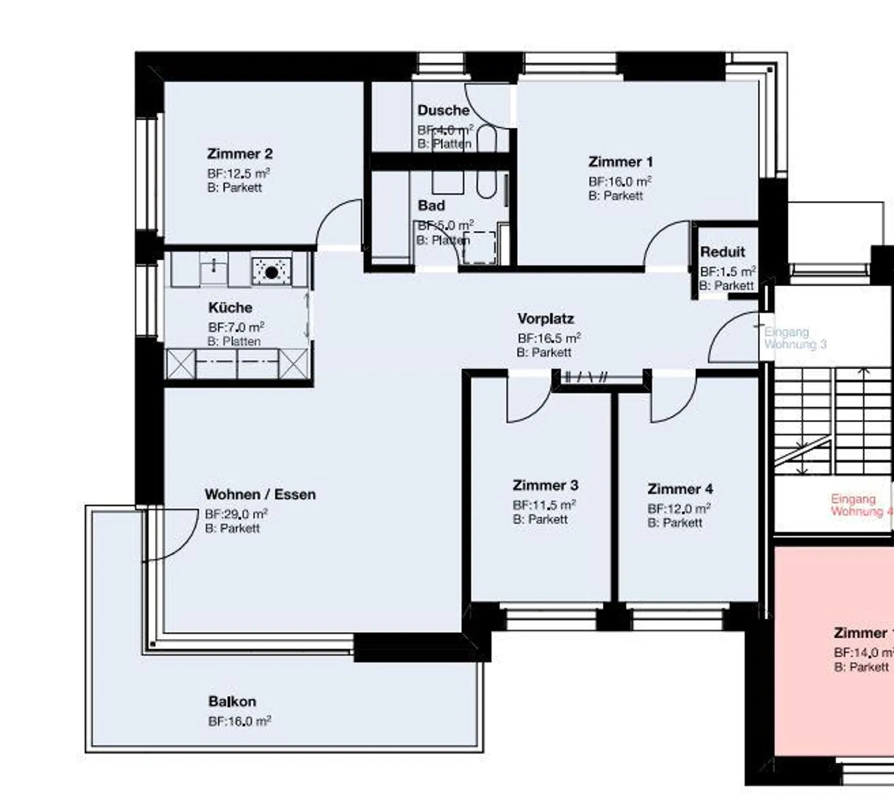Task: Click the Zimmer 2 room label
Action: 240,154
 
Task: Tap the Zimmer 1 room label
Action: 620,162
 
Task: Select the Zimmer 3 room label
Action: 545,485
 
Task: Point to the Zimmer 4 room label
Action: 680,489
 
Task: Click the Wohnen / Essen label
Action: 260,494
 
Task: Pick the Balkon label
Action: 232,702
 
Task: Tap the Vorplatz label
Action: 546,319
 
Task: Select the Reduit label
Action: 723,252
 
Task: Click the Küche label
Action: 230,308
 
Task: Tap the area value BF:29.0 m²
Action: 236,514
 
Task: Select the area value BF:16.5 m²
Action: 549,338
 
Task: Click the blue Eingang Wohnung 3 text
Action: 795,338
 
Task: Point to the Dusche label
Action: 443,110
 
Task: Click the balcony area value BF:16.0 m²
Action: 239,721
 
